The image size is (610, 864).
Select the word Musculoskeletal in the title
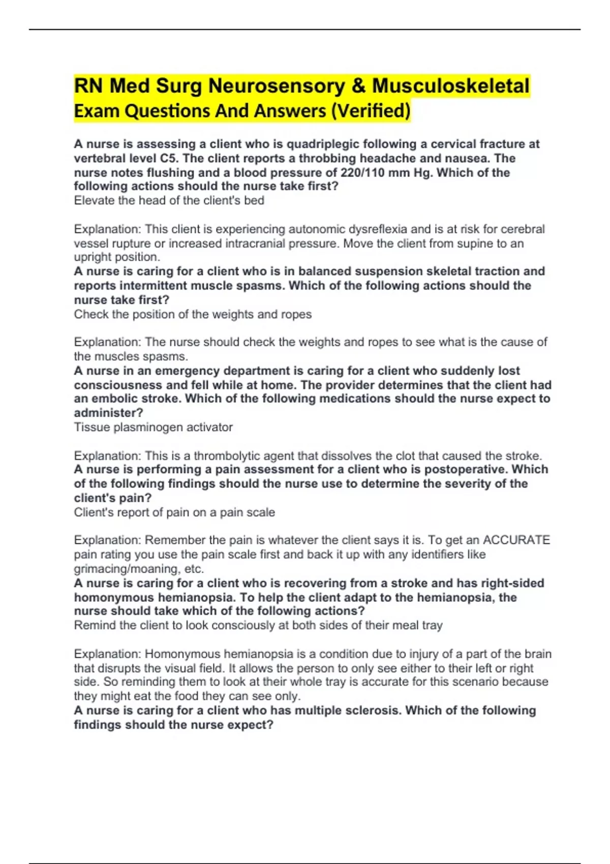click(x=451, y=86)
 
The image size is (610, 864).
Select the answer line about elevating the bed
click(x=169, y=201)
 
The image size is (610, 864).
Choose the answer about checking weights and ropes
click(x=193, y=315)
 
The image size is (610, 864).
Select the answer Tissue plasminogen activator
click(x=153, y=427)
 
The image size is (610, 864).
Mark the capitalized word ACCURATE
click(x=516, y=540)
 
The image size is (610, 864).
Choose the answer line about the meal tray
click(x=258, y=626)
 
